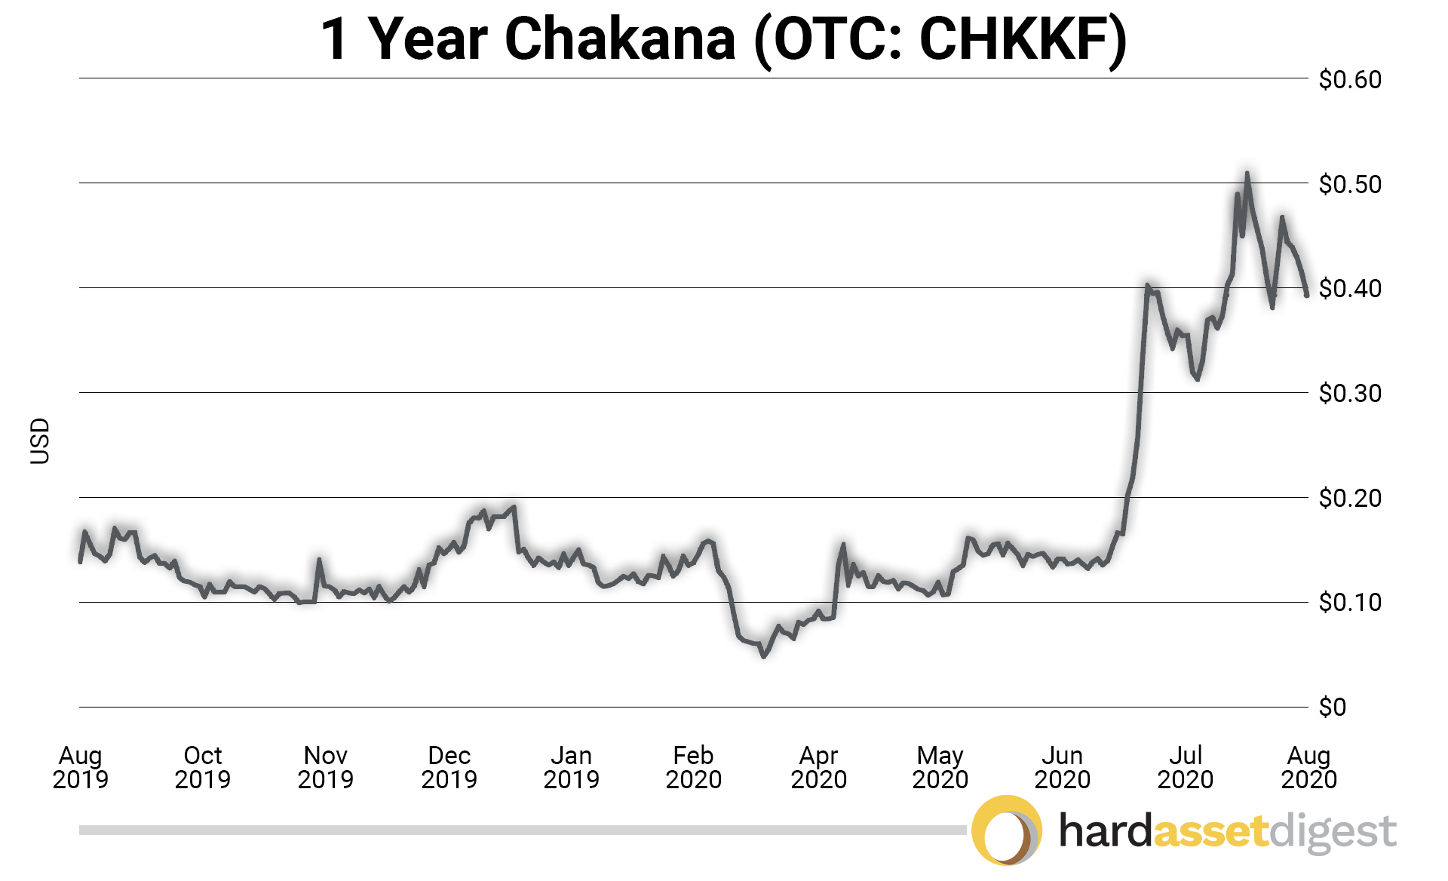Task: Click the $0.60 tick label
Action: click(1349, 79)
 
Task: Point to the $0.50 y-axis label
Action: click(1349, 184)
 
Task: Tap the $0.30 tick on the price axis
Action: click(1349, 393)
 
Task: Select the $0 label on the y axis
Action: click(1333, 707)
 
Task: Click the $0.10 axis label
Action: click(1349, 602)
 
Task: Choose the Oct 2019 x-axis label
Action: click(203, 767)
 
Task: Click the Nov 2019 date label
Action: click(326, 767)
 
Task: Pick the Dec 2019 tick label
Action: click(449, 767)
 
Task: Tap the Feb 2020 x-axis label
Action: click(694, 767)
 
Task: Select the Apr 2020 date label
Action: click(819, 767)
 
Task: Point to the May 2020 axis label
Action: click(940, 767)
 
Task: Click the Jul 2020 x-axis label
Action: click(1186, 767)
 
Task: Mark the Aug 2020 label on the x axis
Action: click(1309, 767)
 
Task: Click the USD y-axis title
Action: click(40, 441)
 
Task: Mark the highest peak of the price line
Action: click(1247, 174)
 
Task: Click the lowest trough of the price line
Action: click(763, 656)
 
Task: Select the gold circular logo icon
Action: click(1007, 830)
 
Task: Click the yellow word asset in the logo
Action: click(1210, 831)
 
